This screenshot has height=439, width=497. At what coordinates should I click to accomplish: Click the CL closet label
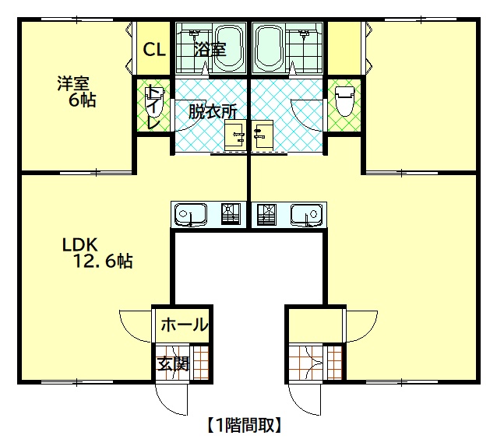pyautogui.click(x=154, y=49)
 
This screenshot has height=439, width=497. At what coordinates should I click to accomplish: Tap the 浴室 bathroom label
pyautogui.click(x=210, y=49)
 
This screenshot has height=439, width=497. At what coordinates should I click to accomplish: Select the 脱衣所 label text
pyautogui.click(x=213, y=111)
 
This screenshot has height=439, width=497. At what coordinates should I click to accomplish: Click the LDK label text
pyautogui.click(x=80, y=244)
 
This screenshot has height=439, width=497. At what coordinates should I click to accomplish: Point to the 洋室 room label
pyautogui.click(x=73, y=83)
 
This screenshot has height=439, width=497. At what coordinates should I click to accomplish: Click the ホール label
pyautogui.click(x=184, y=325)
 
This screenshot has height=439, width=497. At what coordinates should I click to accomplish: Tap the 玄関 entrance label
pyautogui.click(x=174, y=363)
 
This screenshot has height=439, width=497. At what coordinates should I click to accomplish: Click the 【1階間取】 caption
pyautogui.click(x=245, y=425)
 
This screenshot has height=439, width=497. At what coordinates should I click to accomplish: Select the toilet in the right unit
pyautogui.click(x=345, y=101)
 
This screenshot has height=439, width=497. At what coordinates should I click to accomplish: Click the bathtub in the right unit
pyautogui.click(x=269, y=47)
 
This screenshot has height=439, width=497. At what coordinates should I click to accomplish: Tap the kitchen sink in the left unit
pyautogui.click(x=191, y=214)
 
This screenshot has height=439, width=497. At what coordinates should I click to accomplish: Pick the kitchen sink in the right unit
pyautogui.click(x=306, y=214)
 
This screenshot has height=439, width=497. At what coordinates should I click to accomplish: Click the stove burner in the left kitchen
pyautogui.click(x=231, y=214)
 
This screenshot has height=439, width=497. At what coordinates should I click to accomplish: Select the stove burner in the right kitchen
pyautogui.click(x=266, y=214)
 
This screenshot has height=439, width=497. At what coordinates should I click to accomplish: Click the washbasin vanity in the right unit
pyautogui.click(x=262, y=135)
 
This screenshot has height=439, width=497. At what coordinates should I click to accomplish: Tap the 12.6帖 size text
pyautogui.click(x=103, y=262)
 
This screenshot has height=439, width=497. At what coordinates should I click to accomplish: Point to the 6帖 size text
pyautogui.click(x=83, y=100)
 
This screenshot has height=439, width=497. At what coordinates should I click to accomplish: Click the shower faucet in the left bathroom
pyautogui.click(x=194, y=33)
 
